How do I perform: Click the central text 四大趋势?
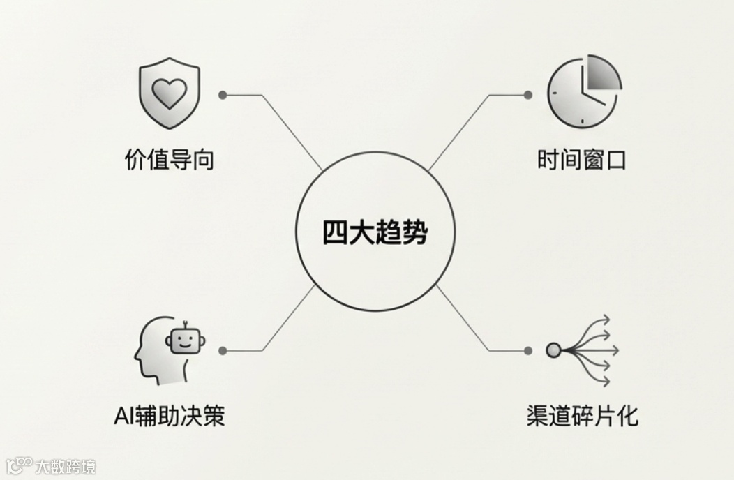(x=375, y=232)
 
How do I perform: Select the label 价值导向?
(x=169, y=160)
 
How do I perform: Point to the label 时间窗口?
(x=582, y=160)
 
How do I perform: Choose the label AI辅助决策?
(x=169, y=417)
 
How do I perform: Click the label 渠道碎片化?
(x=582, y=417)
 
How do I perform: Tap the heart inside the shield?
(x=170, y=93)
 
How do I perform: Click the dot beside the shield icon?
(x=223, y=94)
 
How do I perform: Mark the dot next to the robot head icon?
(x=223, y=350)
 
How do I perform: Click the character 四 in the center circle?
(x=336, y=232)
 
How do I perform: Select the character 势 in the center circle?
(x=414, y=232)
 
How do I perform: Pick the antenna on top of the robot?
(x=185, y=324)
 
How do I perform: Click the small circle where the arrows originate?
(x=553, y=350)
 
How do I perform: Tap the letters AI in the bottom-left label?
(x=123, y=417)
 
